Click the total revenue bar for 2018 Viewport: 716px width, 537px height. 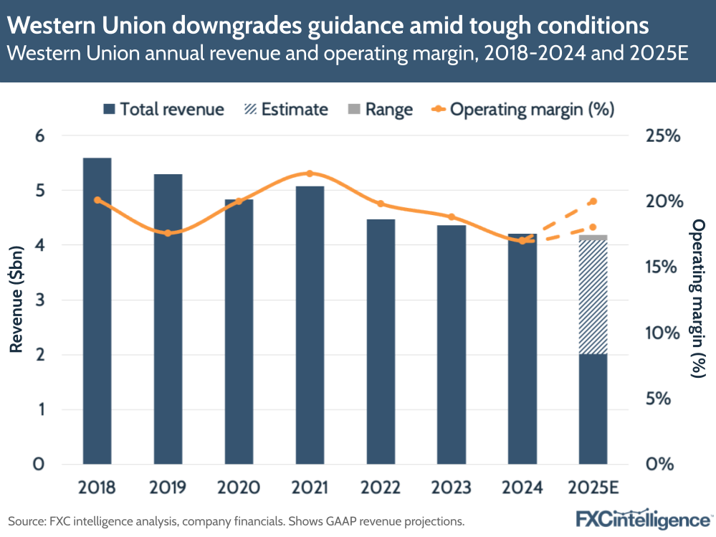(97, 310)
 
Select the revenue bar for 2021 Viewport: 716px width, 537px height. (310, 325)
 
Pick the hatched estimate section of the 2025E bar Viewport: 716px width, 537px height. (593, 297)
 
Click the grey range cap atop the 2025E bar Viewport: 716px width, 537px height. (593, 237)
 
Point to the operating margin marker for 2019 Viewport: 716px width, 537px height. (168, 233)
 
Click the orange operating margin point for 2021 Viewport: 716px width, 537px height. (310, 174)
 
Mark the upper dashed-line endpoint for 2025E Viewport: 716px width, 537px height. (593, 201)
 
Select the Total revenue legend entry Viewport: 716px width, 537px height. (163, 109)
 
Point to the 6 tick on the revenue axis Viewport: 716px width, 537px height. (40, 136)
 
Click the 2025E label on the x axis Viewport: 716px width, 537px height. (593, 488)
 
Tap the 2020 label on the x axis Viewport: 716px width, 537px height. (239, 488)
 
